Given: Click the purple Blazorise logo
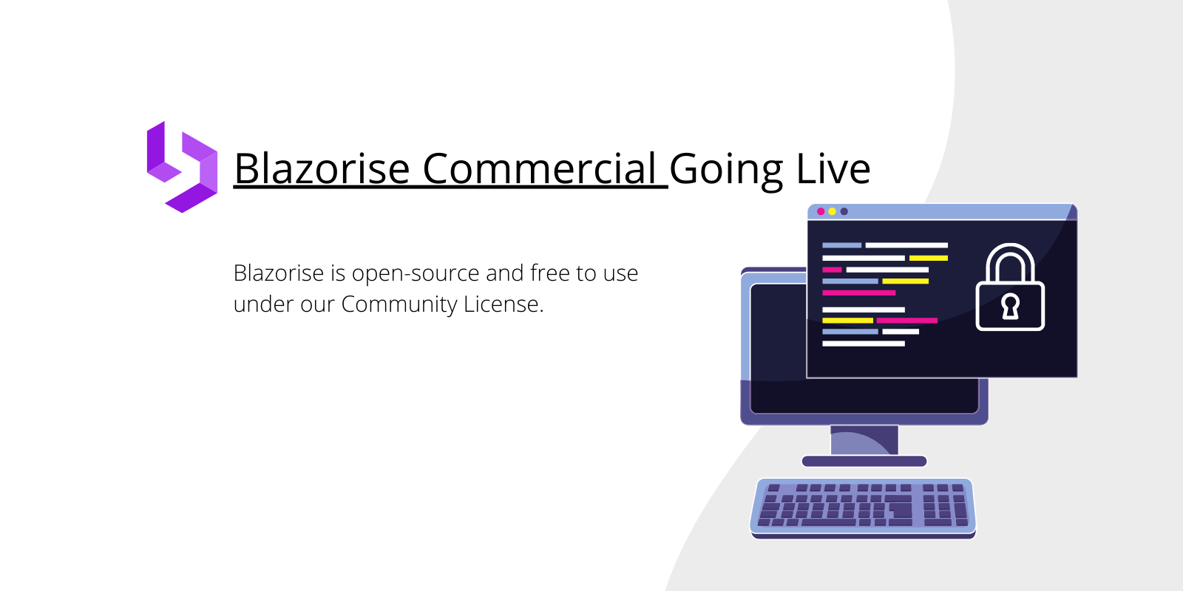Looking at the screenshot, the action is pyautogui.click(x=182, y=167).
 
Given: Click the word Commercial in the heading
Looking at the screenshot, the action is pyautogui.click(x=539, y=168).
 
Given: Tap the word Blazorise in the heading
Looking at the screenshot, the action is pyautogui.click(x=322, y=168).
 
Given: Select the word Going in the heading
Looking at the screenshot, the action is pyautogui.click(x=725, y=170).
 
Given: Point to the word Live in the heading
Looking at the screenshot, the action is pyautogui.click(x=833, y=168).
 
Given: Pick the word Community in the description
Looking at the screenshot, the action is pyautogui.click(x=399, y=304).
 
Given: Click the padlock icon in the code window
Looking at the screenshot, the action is pyautogui.click(x=1010, y=287).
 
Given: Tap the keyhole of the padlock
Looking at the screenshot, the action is pyautogui.click(x=1010, y=306).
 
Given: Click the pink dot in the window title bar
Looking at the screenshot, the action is pyautogui.click(x=821, y=211).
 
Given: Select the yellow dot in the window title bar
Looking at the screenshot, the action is pyautogui.click(x=833, y=211).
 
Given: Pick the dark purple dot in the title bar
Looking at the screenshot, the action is pyautogui.click(x=844, y=211).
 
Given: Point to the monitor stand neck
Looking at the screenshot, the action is pyautogui.click(x=864, y=440).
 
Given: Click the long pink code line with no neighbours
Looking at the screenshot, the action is pyautogui.click(x=858, y=293).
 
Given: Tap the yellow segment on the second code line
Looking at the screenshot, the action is pyautogui.click(x=929, y=258).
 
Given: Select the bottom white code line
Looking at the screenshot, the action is pyautogui.click(x=864, y=344).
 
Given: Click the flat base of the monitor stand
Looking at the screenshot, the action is pyautogui.click(x=864, y=461).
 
